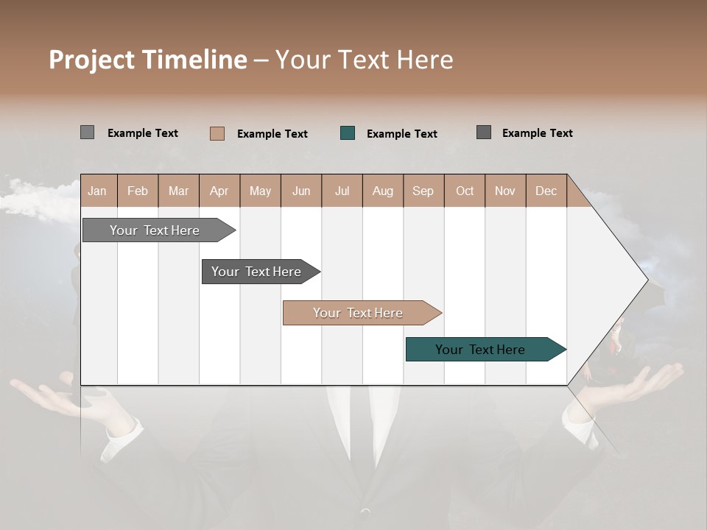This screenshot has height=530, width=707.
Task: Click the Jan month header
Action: pos(98,191)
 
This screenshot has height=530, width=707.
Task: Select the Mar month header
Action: pos(178,191)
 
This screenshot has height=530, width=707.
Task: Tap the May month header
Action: pos(260,191)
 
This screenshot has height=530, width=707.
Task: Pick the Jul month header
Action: pos(342,191)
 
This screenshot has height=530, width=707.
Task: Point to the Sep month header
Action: pos(423,191)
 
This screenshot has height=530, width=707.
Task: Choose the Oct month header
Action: pos(465,191)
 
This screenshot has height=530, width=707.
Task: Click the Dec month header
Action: pos(546,191)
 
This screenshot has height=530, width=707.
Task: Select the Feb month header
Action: pos(138,191)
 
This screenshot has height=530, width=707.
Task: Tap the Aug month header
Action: pos(382,191)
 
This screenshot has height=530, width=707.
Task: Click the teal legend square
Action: pos(348,132)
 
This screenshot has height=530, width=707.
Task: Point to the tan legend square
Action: pos(217,133)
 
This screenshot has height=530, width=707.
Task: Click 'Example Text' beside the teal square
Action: pos(401,133)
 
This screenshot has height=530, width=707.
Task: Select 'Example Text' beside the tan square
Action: pos(272,133)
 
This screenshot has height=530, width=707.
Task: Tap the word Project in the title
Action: pos(92,60)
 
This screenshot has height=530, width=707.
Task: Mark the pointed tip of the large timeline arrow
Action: pos(647,280)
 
